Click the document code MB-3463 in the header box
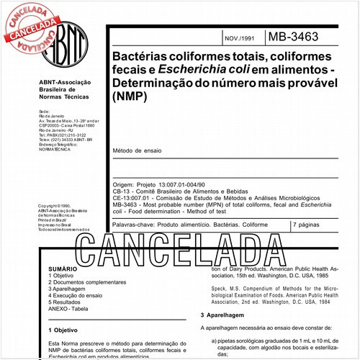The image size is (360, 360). (297, 35)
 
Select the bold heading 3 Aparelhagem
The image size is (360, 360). (225, 316)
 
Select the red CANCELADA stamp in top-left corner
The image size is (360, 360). (30, 25)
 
